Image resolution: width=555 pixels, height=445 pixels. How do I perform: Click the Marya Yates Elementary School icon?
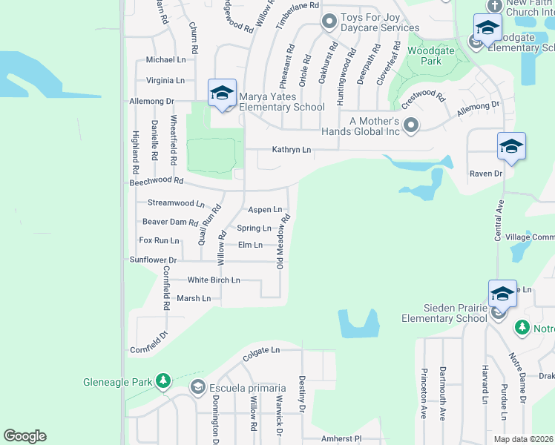[222, 93]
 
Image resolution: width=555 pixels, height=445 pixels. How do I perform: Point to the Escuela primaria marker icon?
[198, 387]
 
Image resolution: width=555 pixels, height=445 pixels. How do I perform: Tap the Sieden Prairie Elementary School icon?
[502, 294]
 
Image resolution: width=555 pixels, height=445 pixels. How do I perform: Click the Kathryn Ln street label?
[292, 150]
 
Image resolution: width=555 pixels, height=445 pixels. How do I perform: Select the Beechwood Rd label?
[156, 180]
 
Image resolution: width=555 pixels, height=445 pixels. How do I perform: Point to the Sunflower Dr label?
[153, 260]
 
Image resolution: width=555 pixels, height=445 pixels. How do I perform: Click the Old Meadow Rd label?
[283, 242]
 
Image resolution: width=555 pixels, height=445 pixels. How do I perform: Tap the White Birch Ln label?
[214, 280]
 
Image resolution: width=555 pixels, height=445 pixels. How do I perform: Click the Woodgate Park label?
[424, 55]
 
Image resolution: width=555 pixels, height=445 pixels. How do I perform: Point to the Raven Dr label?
[485, 174]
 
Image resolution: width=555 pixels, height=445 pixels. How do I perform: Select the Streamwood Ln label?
[176, 202]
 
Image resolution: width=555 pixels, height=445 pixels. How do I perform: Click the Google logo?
[24, 436]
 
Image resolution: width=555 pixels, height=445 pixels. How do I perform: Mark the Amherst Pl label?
[341, 439]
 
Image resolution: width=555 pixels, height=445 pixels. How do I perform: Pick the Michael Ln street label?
[165, 60]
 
